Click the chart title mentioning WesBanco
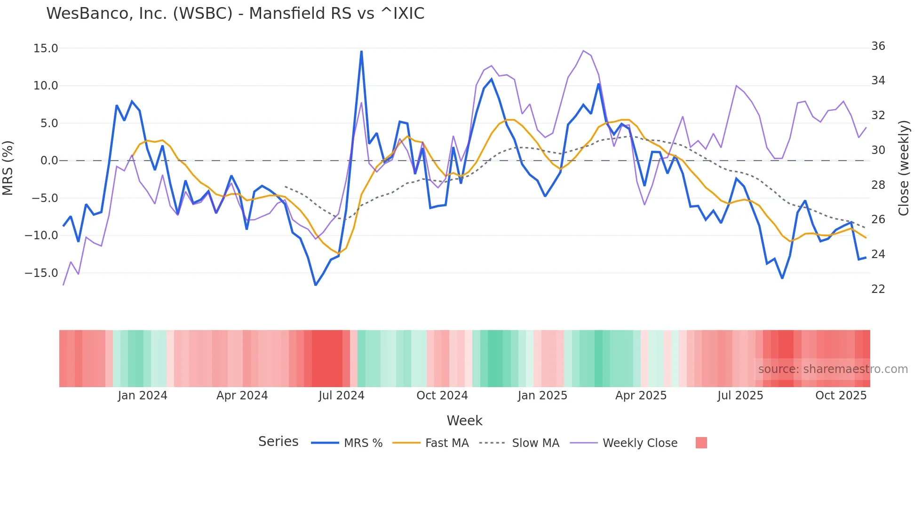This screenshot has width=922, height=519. coord(235,14)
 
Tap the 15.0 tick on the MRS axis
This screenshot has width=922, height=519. coord(46,49)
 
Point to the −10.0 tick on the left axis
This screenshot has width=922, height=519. coord(42,235)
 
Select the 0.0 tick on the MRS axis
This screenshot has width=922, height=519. coord(49,161)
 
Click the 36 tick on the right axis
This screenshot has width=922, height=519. coord(878,46)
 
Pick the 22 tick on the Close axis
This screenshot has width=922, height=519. coord(878,289)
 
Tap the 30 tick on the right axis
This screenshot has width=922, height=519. coord(878,150)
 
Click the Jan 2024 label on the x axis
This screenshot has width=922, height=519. coord(143,396)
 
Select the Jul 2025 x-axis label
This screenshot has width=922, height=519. coord(740,396)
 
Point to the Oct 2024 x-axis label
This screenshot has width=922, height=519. coord(442,396)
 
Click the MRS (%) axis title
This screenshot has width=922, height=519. coord(8,168)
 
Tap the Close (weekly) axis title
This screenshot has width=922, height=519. coord(904,168)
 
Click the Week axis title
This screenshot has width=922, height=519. coord(464,421)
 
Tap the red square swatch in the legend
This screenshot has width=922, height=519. coord(701,443)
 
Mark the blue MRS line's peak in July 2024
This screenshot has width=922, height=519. coord(361,51)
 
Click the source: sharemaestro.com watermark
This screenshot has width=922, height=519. coord(833,369)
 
